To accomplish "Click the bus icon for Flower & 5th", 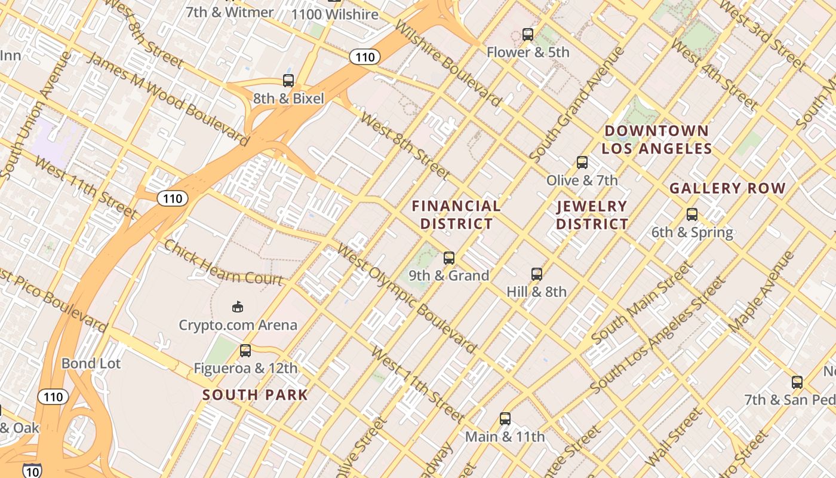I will (528, 35).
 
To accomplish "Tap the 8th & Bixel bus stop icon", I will (288, 81).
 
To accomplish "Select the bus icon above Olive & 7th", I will (582, 163).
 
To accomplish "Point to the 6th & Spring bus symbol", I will (692, 215).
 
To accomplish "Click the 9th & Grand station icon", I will (449, 258).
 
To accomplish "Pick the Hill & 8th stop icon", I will (537, 274).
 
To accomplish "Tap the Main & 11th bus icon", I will (505, 419).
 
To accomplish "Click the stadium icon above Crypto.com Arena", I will (238, 307).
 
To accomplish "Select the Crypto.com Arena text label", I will (238, 325).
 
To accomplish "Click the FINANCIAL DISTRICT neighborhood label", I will (457, 215).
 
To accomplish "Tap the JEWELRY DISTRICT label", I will (592, 215).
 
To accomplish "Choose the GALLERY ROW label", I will (727, 189).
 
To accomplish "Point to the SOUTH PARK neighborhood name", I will (255, 395).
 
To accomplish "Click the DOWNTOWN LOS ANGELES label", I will (656, 140).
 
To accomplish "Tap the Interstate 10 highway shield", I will (33, 471).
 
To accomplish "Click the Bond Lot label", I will (91, 363).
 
